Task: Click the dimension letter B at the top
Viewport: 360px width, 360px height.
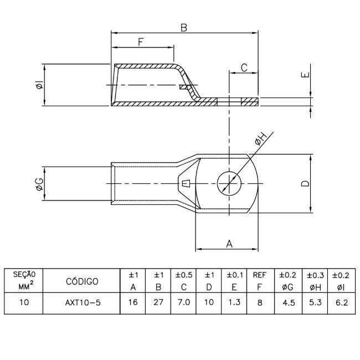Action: [183, 28]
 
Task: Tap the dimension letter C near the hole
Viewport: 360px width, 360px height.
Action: [244, 68]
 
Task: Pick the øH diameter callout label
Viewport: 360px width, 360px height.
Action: [261, 140]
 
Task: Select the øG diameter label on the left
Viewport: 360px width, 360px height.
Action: [39, 184]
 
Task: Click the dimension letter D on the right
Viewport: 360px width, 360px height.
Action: [305, 183]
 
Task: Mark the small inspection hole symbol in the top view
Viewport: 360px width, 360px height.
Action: [186, 183]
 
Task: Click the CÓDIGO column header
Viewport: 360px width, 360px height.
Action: [82, 281]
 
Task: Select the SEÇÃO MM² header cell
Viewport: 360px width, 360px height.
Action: [23, 281]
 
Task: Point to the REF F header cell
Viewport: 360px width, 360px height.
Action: [259, 281]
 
